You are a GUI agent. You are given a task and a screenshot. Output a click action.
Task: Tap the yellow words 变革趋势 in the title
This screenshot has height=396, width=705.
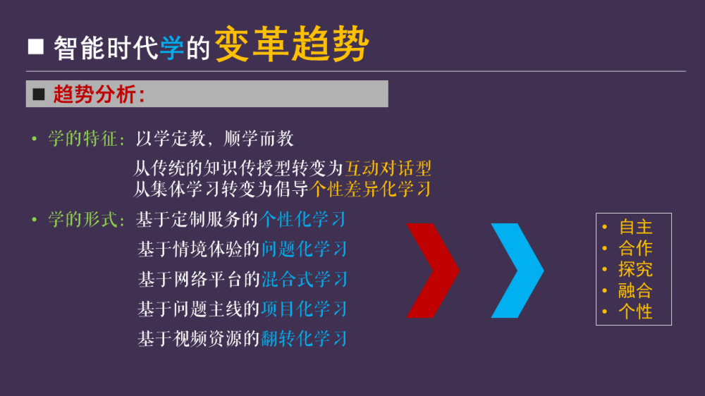(x=292, y=44)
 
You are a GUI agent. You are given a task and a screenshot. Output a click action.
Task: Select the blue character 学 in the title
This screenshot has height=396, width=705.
(x=172, y=48)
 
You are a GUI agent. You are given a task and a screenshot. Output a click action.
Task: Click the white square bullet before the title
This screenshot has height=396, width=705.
(x=36, y=47)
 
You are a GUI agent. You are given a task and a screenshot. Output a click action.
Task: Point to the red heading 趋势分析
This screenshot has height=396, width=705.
(x=94, y=94)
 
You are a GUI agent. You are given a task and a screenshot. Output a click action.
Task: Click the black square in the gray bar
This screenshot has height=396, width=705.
(x=39, y=94)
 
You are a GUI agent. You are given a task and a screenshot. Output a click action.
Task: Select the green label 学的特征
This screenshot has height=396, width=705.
(x=83, y=138)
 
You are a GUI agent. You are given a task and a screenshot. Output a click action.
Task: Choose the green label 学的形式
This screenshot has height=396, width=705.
(x=83, y=220)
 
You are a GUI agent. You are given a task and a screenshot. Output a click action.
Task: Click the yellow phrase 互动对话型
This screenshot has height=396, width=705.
(x=388, y=168)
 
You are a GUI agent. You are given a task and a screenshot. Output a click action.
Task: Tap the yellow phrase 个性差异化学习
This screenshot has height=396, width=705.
(x=371, y=190)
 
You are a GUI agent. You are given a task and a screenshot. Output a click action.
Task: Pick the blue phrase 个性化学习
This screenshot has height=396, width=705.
(x=302, y=220)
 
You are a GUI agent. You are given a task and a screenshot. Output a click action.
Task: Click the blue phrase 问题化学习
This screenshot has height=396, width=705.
(x=305, y=249)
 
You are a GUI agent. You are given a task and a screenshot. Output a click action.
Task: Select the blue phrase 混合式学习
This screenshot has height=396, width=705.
(x=305, y=279)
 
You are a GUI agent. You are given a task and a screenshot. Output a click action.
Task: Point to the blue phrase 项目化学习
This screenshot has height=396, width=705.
(x=305, y=309)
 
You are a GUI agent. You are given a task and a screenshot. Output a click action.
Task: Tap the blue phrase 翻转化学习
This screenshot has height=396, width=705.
(x=305, y=338)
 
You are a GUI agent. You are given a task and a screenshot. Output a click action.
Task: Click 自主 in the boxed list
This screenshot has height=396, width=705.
(x=635, y=227)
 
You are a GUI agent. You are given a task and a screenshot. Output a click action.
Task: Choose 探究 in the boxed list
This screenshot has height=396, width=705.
(x=635, y=269)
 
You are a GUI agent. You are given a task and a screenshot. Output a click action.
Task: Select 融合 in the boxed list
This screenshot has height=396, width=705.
(x=635, y=290)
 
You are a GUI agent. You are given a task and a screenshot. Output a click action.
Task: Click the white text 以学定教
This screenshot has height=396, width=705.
(x=171, y=138)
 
